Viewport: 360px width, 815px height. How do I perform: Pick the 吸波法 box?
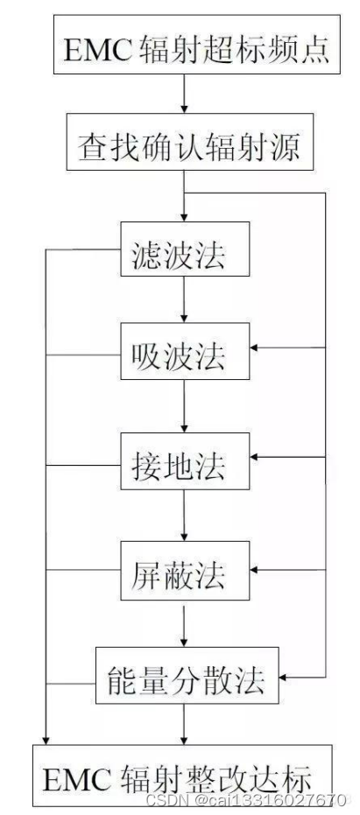click(x=184, y=355)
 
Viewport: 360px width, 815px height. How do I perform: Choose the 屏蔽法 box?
click(x=184, y=573)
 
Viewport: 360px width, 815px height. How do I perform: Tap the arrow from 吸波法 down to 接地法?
click(x=184, y=408)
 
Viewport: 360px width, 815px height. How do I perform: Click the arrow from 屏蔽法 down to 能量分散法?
click(x=184, y=624)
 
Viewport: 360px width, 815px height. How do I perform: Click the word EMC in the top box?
click(x=96, y=50)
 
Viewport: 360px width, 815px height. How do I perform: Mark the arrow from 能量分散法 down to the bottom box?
click(x=184, y=724)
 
